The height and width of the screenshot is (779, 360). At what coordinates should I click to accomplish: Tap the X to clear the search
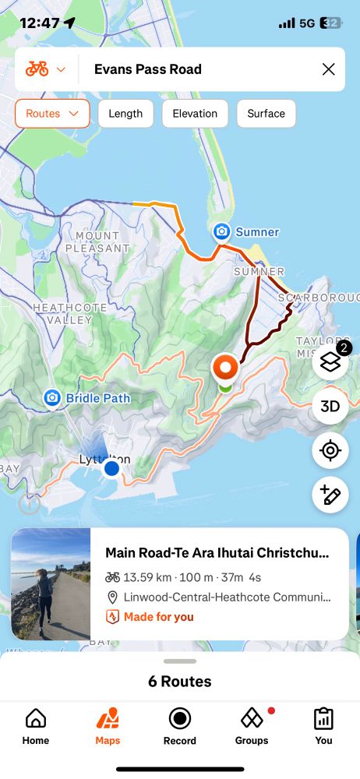click(328, 69)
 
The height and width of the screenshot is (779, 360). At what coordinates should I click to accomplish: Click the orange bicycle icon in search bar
click(37, 69)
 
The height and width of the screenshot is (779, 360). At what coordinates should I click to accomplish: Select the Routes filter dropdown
click(52, 114)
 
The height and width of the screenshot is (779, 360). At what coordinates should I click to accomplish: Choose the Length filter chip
click(125, 114)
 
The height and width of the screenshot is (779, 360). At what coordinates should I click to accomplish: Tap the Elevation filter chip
click(195, 114)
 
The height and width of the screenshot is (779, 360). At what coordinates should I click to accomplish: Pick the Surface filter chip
click(266, 114)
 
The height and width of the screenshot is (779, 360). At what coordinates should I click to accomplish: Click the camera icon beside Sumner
click(222, 231)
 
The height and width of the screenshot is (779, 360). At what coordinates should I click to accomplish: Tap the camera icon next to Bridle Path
click(52, 398)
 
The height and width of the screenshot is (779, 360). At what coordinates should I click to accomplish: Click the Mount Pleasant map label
click(98, 241)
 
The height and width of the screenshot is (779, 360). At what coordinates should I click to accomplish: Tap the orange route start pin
click(225, 367)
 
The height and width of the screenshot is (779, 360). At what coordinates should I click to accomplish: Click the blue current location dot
click(111, 468)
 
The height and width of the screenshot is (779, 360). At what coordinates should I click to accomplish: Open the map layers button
click(330, 361)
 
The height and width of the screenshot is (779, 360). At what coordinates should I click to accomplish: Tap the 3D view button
click(330, 406)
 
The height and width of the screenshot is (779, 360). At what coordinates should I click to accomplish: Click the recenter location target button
click(330, 450)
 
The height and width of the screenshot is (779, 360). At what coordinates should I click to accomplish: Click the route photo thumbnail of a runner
click(51, 584)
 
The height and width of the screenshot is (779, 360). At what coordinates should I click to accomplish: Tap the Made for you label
click(158, 617)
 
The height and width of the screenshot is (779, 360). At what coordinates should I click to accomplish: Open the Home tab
click(36, 726)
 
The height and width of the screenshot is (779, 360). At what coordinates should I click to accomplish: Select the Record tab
click(180, 726)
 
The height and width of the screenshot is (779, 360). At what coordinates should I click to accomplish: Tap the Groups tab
click(251, 726)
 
